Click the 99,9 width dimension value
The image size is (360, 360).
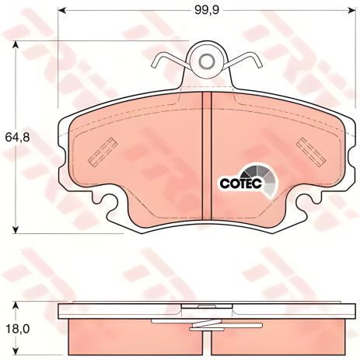coord(207,10)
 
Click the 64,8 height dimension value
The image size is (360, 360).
coord(18,138)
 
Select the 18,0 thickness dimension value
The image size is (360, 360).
coord(17,329)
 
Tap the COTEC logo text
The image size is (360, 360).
coord(241,183)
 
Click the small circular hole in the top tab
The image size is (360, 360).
coord(207,61)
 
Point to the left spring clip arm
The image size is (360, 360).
coord(169,60)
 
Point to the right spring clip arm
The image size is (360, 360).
coord(246,60)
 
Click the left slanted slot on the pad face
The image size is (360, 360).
coord(103,152)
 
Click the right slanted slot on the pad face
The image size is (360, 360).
coord(310,152)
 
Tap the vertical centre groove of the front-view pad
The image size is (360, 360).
coord(207,156)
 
